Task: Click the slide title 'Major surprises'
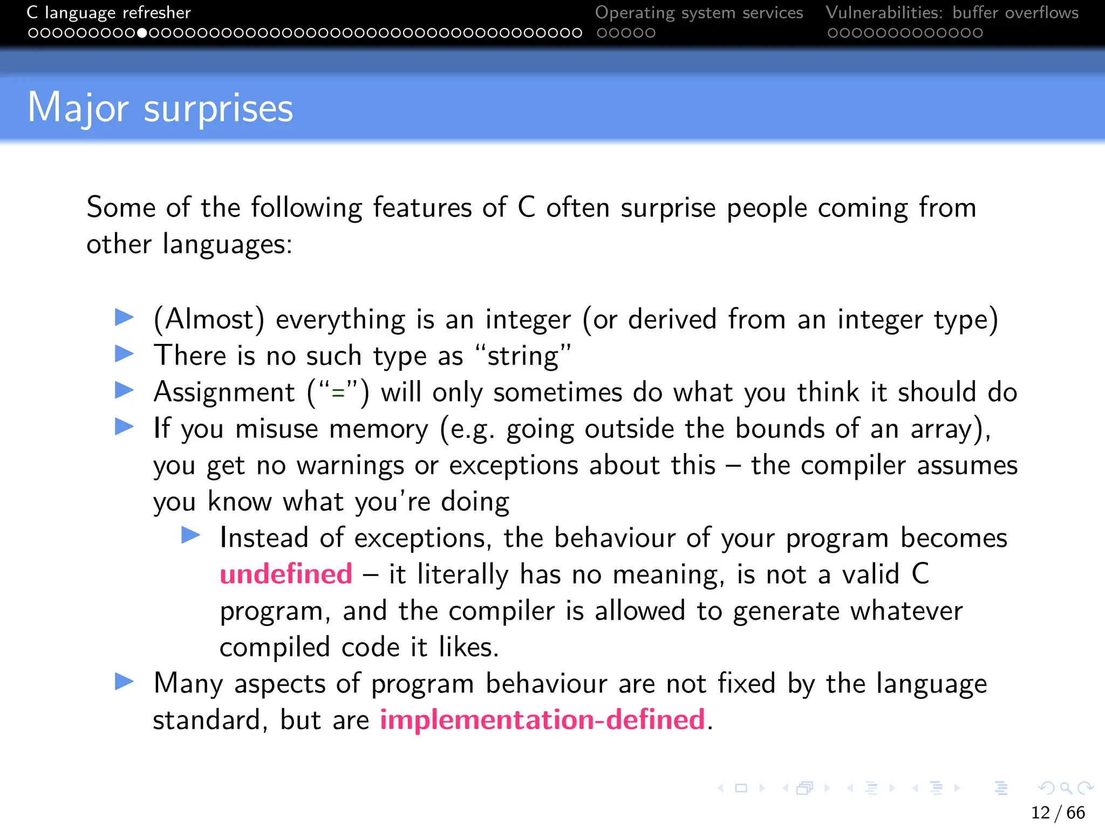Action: point(160,108)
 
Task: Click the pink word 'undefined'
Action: point(286,574)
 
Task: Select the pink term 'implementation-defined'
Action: point(542,719)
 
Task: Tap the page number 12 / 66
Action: point(1058,812)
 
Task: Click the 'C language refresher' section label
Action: point(109,12)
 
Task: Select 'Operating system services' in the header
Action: point(699,12)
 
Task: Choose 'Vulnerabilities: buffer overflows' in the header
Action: point(952,12)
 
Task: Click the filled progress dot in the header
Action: point(142,33)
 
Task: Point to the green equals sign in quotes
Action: point(338,393)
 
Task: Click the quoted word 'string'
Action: point(523,356)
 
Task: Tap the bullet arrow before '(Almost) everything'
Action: point(125,317)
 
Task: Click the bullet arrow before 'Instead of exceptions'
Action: point(191,535)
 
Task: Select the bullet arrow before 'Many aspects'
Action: point(125,682)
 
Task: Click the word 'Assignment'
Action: point(224,392)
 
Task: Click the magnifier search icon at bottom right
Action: point(1066,789)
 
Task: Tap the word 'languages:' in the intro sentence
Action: point(227,244)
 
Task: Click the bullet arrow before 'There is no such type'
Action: point(125,354)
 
